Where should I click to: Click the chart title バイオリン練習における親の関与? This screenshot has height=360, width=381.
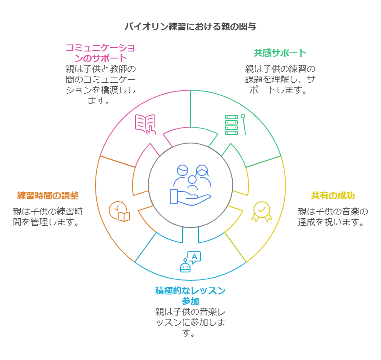tap(190, 26)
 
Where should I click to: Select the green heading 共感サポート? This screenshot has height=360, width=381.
tap(280, 53)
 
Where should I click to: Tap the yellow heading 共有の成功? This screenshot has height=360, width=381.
tap(333, 196)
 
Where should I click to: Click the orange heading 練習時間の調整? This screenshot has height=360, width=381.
tap(48, 195)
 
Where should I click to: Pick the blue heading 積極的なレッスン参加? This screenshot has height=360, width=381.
tap(190, 296)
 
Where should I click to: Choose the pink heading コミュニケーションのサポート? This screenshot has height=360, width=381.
tap(100, 53)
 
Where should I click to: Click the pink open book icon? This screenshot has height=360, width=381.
tap(146, 124)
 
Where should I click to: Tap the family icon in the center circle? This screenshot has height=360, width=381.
tap(192, 176)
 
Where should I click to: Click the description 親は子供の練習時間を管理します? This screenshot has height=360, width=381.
tap(48, 217)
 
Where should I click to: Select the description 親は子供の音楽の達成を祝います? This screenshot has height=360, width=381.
tap(333, 217)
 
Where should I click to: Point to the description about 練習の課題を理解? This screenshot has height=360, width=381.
tap(280, 80)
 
